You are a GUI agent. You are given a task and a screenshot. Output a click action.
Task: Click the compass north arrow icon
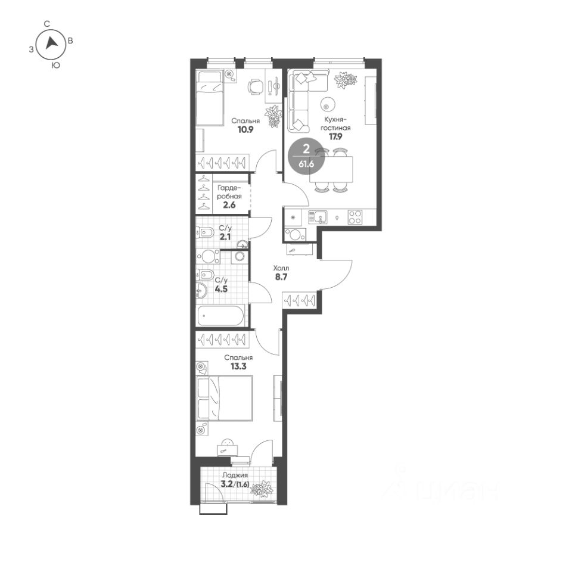[x=51, y=43]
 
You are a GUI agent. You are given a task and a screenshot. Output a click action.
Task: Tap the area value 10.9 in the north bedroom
[x=245, y=129]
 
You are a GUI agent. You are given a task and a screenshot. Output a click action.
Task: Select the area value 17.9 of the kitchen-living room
[x=335, y=137]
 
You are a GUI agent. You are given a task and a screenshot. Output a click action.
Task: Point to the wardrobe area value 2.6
[x=229, y=205]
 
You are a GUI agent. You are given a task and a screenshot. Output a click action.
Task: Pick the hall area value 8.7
[x=281, y=277]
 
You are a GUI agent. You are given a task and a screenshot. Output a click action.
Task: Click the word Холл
[x=281, y=269]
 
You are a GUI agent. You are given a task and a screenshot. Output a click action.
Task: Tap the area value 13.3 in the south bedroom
[x=238, y=366]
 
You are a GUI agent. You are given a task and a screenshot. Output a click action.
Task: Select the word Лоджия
[x=235, y=475]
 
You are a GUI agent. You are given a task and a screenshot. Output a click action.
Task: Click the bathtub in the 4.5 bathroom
[x=220, y=316]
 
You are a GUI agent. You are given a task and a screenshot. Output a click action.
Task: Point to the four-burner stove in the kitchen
[x=355, y=217]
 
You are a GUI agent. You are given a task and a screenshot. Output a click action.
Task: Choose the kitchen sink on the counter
[x=317, y=217]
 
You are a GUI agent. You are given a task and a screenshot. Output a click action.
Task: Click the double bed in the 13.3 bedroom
[x=225, y=399]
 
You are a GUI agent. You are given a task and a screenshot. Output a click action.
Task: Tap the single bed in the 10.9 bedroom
[x=210, y=98]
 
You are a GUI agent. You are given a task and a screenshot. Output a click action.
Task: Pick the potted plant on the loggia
[x=262, y=489]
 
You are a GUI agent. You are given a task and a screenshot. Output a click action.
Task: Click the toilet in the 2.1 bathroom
[x=205, y=232]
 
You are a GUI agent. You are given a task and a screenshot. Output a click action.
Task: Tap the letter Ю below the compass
[x=55, y=66]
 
